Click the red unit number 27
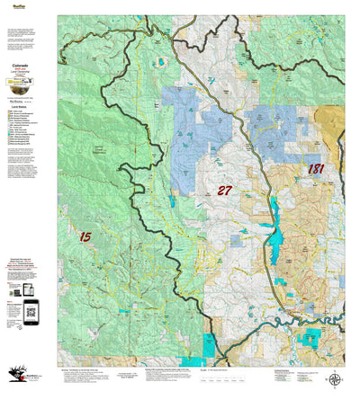(226, 190)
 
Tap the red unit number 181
(316, 169)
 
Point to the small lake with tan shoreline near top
(163, 62)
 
